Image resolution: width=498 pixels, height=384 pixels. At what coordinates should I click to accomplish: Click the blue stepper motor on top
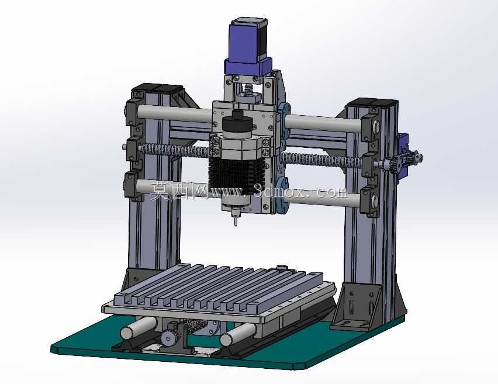tap(248, 48)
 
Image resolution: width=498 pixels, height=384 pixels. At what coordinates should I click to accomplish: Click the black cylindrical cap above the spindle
tap(237, 122)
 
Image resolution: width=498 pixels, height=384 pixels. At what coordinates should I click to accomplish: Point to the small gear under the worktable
tap(169, 337)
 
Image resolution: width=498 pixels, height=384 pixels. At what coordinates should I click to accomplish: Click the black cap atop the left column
tap(157, 88)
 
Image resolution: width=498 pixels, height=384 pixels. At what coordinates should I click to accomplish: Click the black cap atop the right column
tap(372, 102)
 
